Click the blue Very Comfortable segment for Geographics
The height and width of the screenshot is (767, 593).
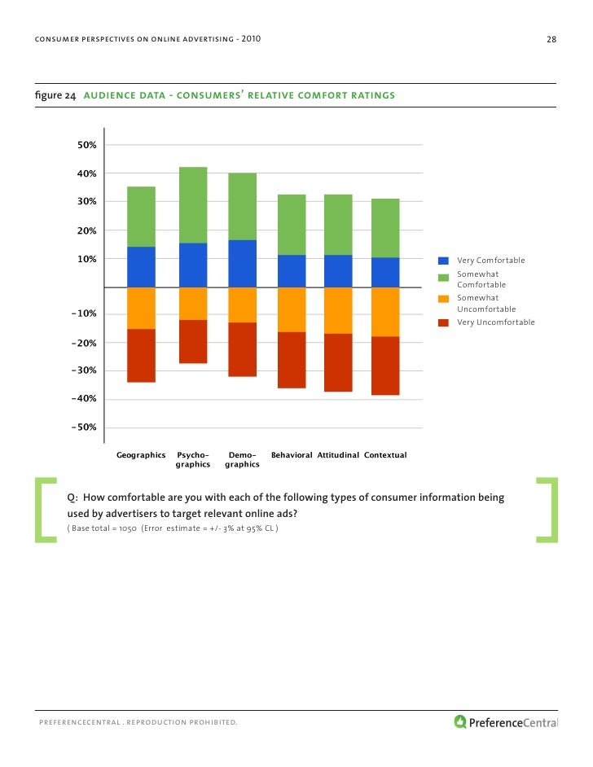pos(141,267)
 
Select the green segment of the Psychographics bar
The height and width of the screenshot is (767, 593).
pos(193,205)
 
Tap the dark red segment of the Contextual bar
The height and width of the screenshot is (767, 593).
pos(385,366)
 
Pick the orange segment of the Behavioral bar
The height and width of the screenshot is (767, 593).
pos(292,309)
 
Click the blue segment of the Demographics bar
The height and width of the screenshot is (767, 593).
pos(242,264)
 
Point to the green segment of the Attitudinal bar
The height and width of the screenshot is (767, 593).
pos(338,225)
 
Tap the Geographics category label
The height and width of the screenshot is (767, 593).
pos(141,454)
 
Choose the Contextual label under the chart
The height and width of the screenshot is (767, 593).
pos(385,454)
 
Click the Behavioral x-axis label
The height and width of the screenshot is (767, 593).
pos(292,454)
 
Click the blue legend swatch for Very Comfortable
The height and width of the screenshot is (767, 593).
pos(444,261)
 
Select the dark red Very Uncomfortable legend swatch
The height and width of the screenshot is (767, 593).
pos(444,322)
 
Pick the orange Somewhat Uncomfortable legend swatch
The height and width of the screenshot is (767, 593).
pos(444,298)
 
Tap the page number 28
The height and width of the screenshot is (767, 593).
pos(551,40)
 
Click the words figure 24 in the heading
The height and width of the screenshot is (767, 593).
pos(55,96)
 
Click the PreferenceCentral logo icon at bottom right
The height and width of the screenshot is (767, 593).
pos(460,721)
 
